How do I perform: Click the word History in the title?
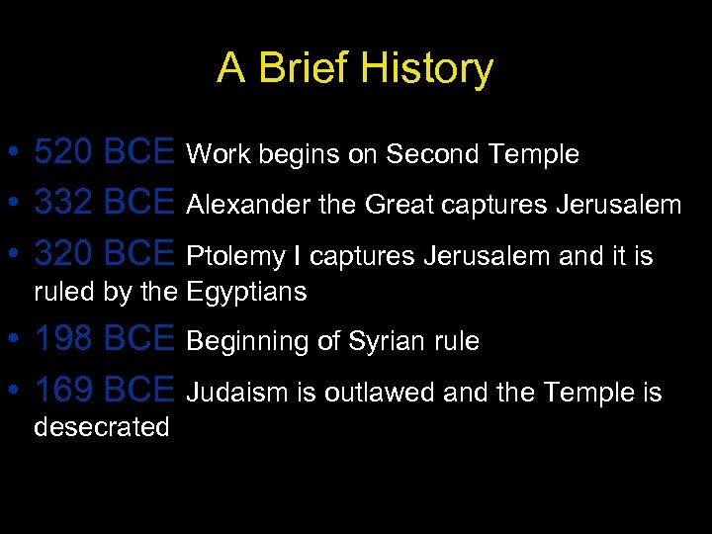[x=426, y=69]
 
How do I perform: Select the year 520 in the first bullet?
[x=64, y=152]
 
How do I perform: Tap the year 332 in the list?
[x=64, y=204]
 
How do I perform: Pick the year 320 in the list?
[x=64, y=255]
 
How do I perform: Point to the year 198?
[x=64, y=340]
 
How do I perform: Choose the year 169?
[x=64, y=392]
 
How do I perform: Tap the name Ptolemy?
[x=232, y=257]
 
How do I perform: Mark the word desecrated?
[x=102, y=427]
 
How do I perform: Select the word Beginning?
[x=247, y=342]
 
